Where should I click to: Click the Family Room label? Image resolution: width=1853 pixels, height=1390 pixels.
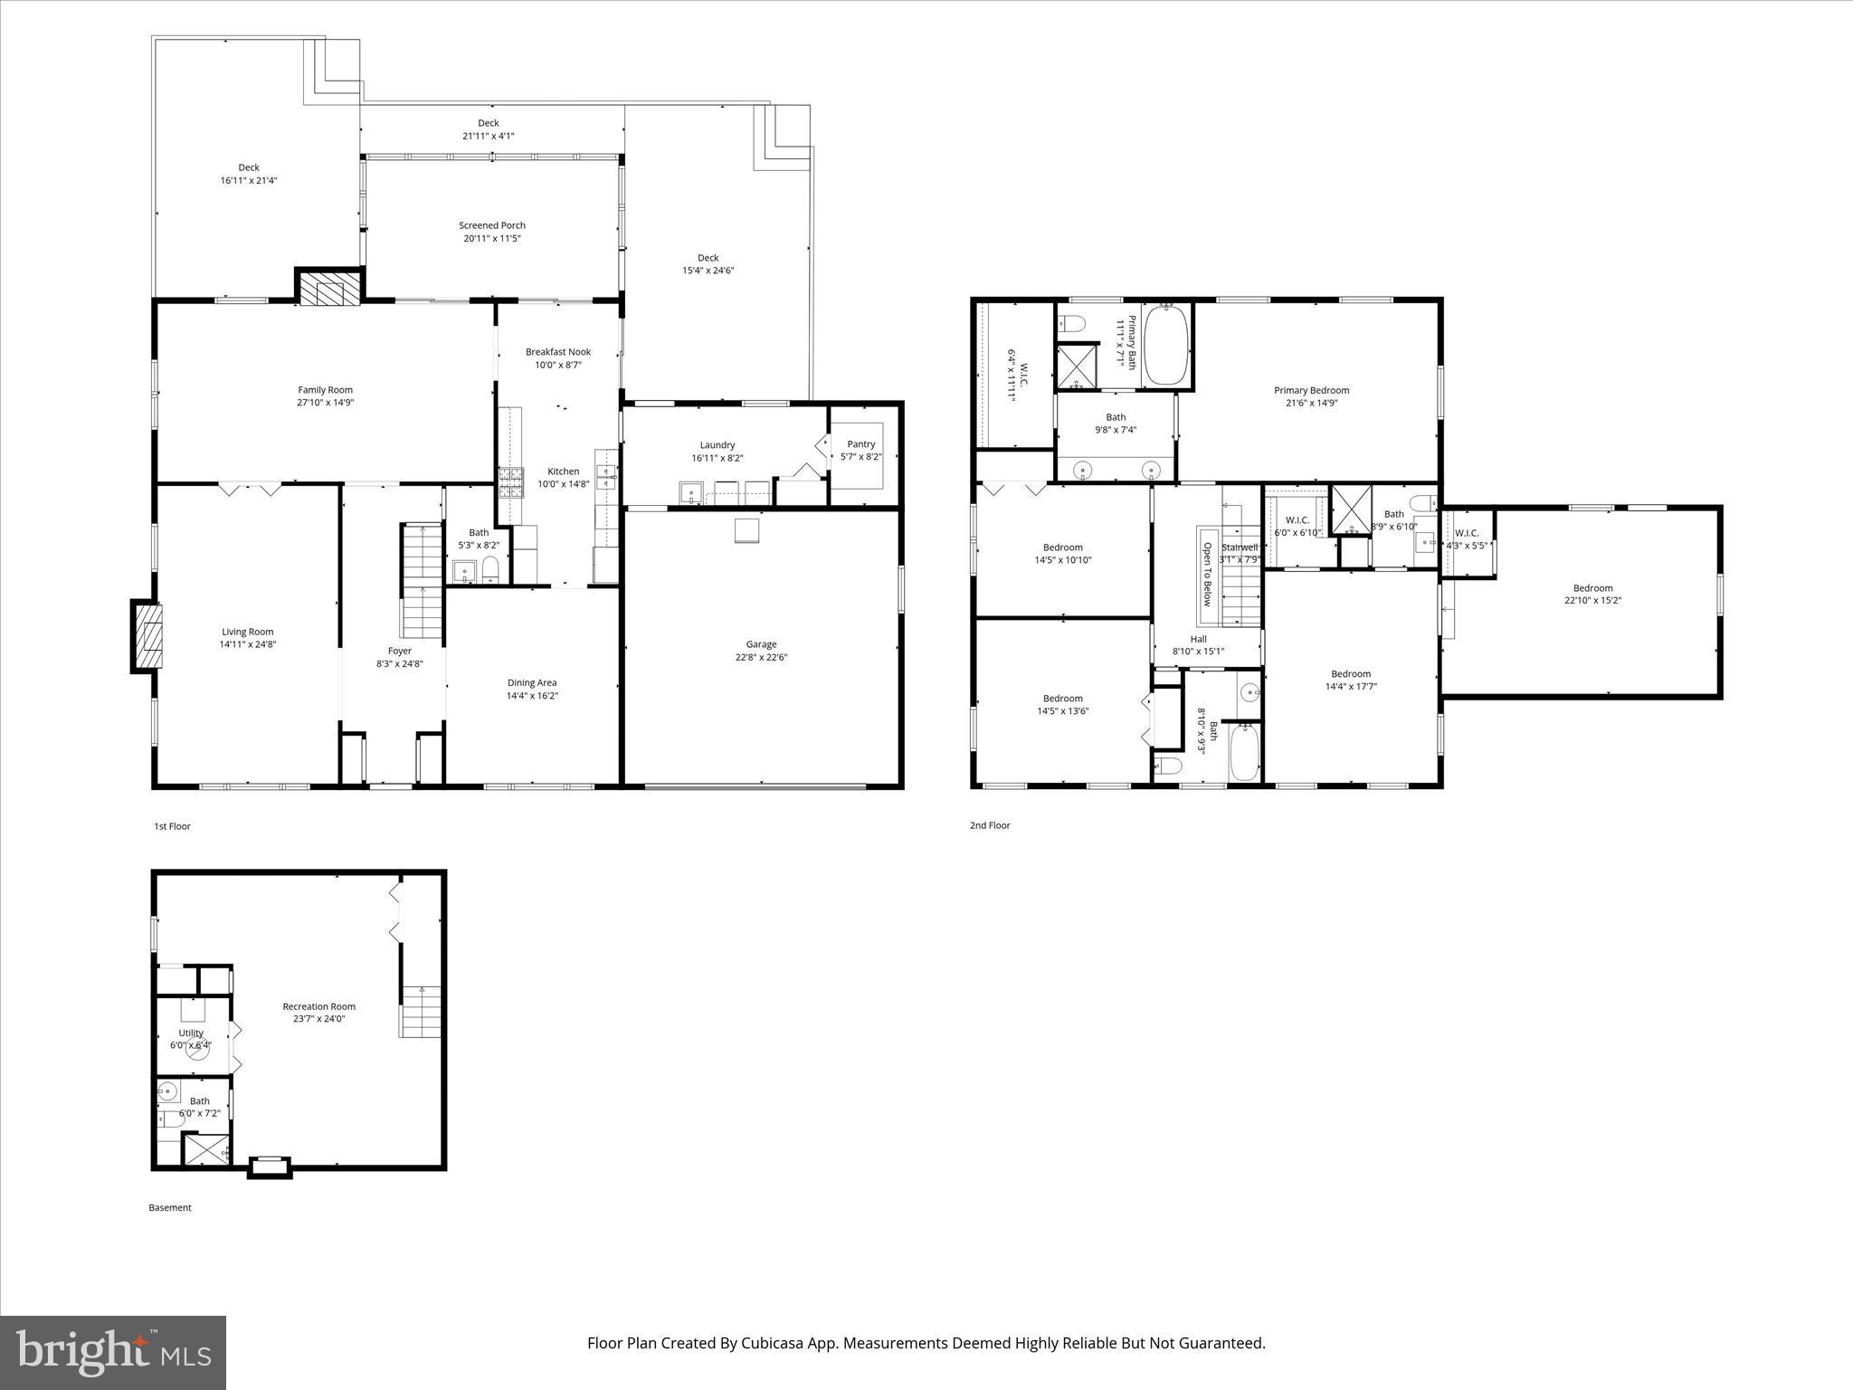point(325,390)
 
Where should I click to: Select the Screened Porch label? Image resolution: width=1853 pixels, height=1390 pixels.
point(491,225)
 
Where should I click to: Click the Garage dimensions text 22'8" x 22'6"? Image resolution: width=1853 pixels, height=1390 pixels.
point(761,658)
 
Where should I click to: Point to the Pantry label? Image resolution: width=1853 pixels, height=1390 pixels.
point(860,444)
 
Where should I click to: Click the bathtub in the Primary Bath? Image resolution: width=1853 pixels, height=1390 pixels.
point(1167,346)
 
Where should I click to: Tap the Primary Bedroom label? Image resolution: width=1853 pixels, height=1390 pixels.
point(1311,390)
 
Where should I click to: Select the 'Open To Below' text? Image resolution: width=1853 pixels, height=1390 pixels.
point(1206,575)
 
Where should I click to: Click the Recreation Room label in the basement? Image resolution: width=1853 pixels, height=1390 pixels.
point(318,1006)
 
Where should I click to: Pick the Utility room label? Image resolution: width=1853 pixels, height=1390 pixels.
point(191,1033)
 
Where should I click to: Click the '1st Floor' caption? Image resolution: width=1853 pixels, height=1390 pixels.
point(172,826)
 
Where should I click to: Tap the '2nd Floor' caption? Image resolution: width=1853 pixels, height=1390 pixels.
point(990,825)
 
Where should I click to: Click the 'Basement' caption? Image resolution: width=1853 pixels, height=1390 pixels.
point(170,1207)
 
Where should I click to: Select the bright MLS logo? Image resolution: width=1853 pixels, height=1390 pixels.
point(113,1352)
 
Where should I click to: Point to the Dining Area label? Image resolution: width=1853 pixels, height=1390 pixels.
point(531,683)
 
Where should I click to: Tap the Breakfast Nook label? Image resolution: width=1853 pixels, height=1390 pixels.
point(557,352)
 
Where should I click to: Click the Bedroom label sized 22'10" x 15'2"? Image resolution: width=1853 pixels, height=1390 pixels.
point(1592,587)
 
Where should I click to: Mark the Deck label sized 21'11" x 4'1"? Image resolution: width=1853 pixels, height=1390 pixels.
point(488,123)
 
